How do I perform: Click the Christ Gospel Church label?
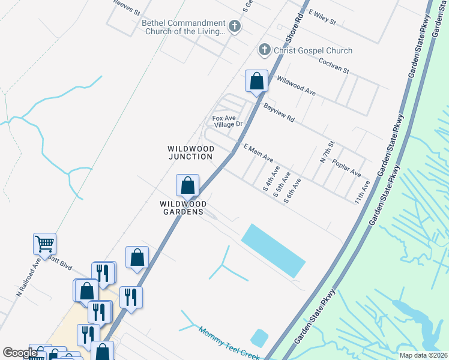[x=313, y=51]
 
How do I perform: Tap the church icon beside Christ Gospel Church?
[x=264, y=51]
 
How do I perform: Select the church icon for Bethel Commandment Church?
[x=235, y=26]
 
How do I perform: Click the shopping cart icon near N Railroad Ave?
[x=45, y=244]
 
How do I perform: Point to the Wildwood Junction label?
[x=190, y=152]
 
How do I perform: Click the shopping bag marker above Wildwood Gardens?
[x=188, y=185]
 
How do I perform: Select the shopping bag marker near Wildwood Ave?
[x=256, y=81]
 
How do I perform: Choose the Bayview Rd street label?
[x=279, y=112]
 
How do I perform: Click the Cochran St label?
[x=334, y=65]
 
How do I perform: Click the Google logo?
[x=20, y=353]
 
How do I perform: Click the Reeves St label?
[x=127, y=7]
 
